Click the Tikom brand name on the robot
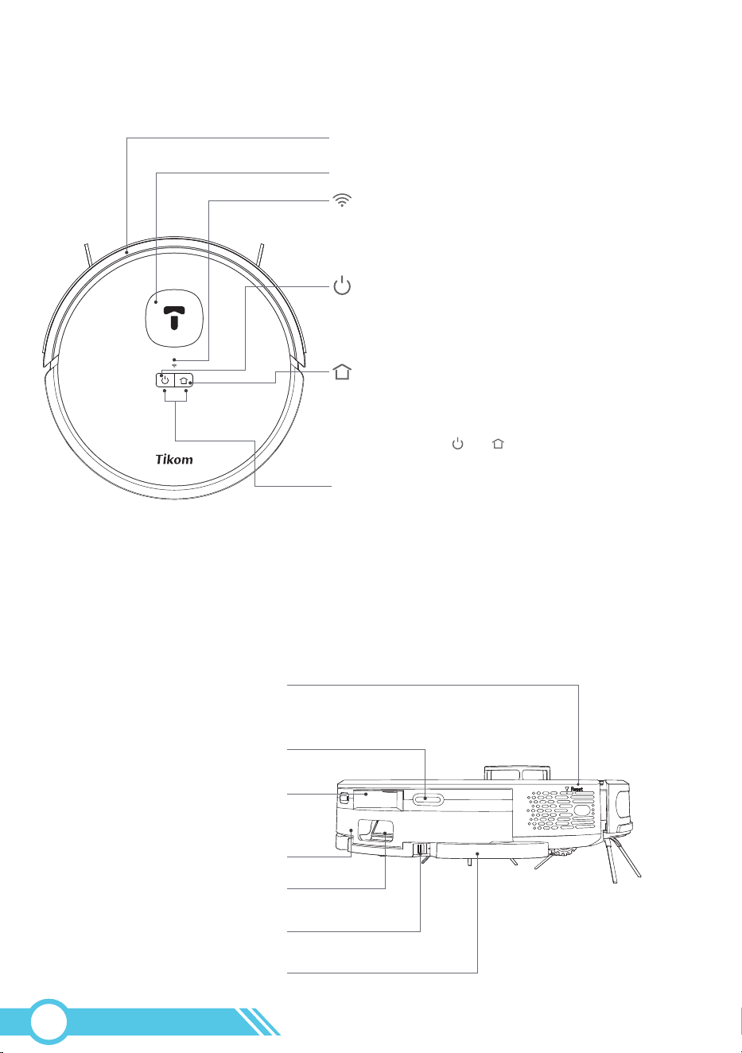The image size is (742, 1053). coord(174,459)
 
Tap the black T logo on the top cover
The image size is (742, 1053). coord(174,317)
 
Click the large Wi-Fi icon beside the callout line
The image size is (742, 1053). coord(342,200)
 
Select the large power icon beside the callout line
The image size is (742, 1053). coord(342,285)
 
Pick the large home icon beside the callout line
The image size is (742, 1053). coord(342,371)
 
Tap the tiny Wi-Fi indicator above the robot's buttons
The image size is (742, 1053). coord(174,365)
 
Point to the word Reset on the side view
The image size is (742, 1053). coord(577,789)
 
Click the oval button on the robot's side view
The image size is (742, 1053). coord(428,798)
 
